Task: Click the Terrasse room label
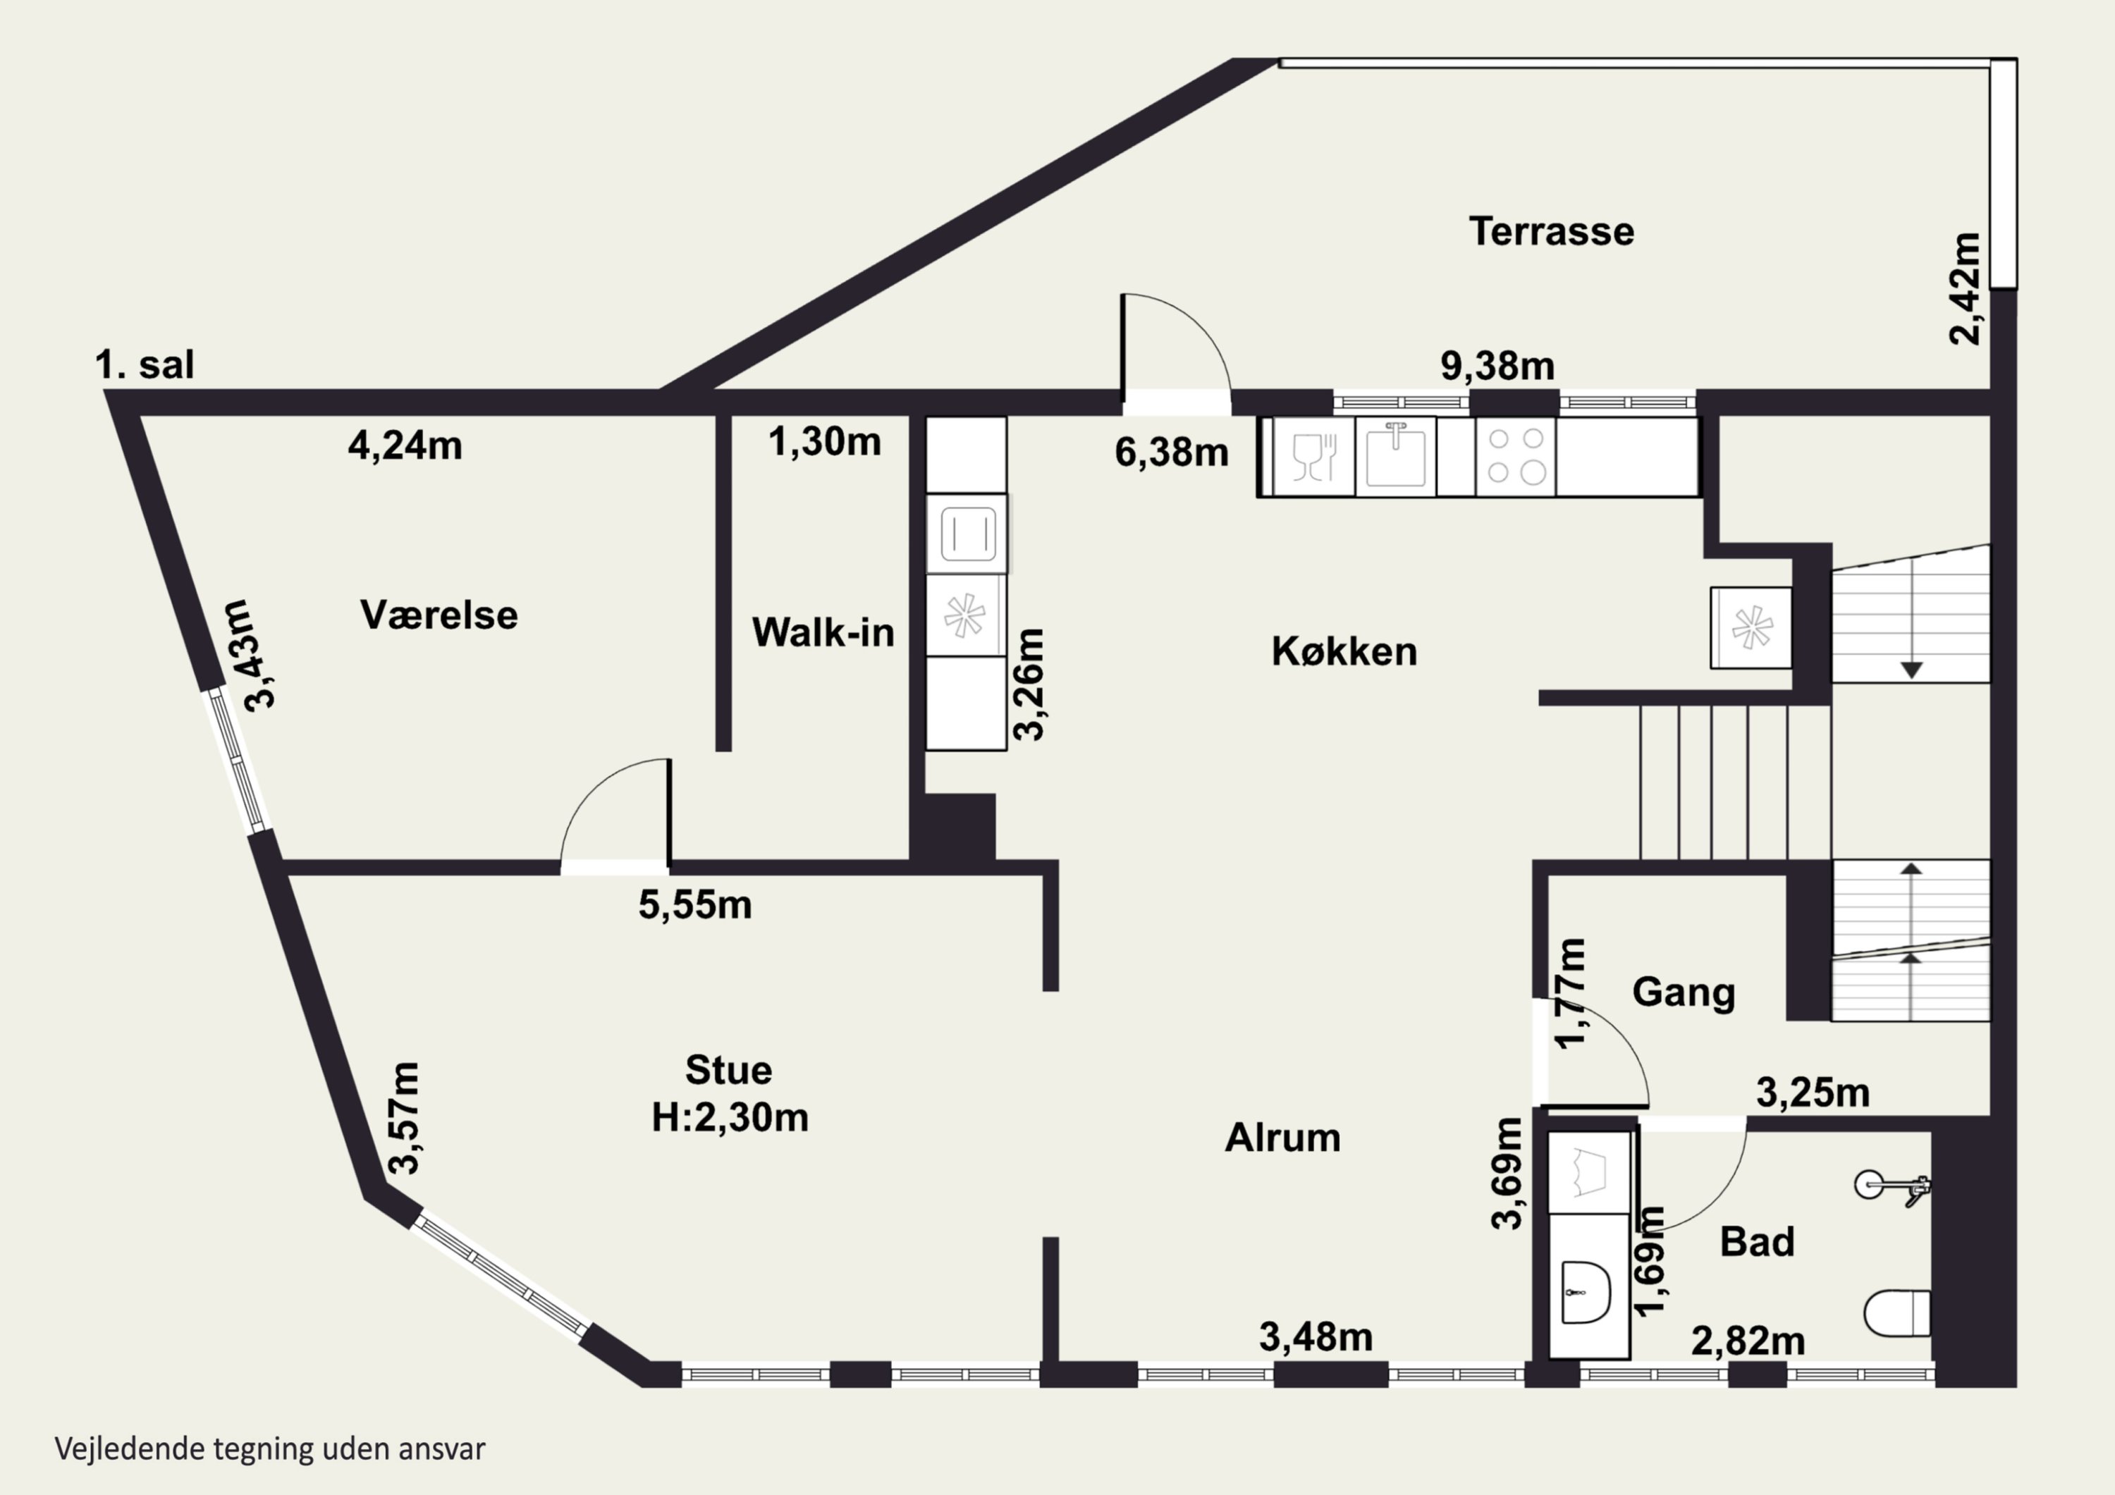1551,231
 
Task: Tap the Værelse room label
439,615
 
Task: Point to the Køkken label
1344,652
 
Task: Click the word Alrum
1282,1138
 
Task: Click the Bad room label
1758,1243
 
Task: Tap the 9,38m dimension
1497,367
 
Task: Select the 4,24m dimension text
405,446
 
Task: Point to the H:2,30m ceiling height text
730,1117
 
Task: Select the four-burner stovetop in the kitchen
1515,457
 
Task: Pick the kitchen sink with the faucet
1396,457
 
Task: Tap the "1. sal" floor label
145,366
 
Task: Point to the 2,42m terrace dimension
1964,288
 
